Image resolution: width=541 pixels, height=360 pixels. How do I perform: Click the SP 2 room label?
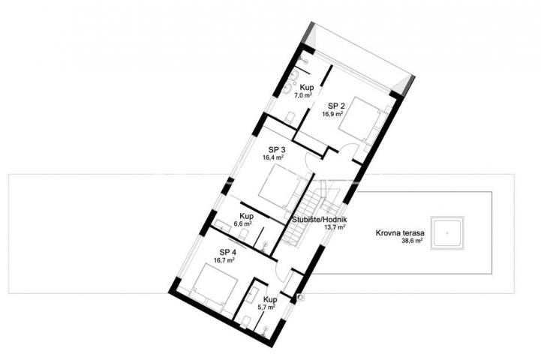[x=336, y=106]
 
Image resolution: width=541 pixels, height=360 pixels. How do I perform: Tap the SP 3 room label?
[x=277, y=150]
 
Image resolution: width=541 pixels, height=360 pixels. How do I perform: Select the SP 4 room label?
[x=227, y=252]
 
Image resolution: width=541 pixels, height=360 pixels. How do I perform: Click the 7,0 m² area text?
[x=303, y=95]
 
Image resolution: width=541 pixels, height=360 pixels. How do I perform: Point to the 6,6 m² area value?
[x=242, y=223]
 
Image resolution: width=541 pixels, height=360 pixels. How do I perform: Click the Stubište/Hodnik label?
[x=320, y=220]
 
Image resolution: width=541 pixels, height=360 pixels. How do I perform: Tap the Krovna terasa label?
[x=400, y=233]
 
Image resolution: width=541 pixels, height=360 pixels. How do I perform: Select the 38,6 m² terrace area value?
[x=412, y=241]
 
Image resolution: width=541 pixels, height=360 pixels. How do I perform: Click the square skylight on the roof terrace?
[x=447, y=233]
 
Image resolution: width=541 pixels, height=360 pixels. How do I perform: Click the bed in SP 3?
[x=283, y=188]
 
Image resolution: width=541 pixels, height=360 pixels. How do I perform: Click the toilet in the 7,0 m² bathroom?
[x=290, y=117]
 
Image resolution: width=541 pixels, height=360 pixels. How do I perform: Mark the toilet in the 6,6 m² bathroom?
[x=243, y=235]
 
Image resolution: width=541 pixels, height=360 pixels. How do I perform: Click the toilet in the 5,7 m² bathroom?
[x=245, y=322]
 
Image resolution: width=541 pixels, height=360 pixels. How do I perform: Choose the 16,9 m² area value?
[x=332, y=114]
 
